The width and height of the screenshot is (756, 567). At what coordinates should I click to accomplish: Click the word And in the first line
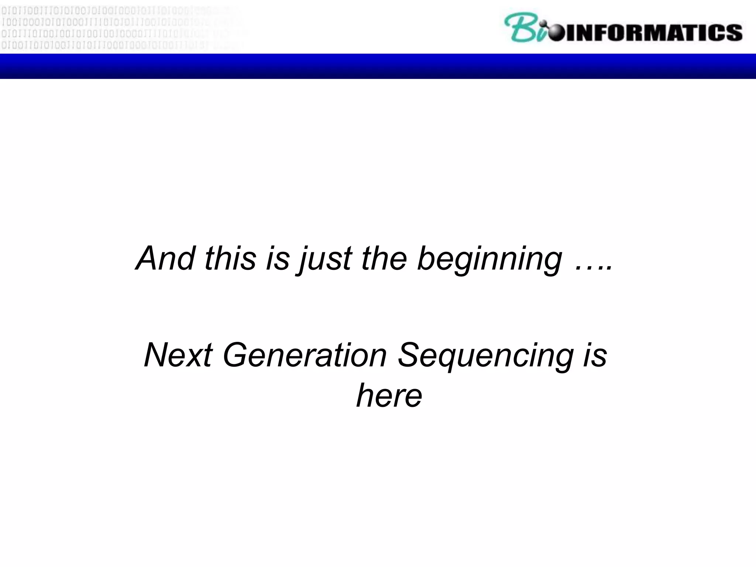coord(165,258)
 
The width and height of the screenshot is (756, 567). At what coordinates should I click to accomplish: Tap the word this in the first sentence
coord(230,258)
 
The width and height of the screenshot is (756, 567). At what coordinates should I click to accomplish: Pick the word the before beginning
coord(384,258)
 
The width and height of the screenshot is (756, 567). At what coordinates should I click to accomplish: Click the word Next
coord(178,355)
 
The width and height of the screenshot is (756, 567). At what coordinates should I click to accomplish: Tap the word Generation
coord(305,355)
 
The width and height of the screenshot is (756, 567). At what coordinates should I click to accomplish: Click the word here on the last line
coord(389,396)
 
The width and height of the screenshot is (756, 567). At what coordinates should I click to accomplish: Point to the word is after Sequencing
coord(595,355)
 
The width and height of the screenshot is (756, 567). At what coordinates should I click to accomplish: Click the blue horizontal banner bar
coord(378,66)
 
